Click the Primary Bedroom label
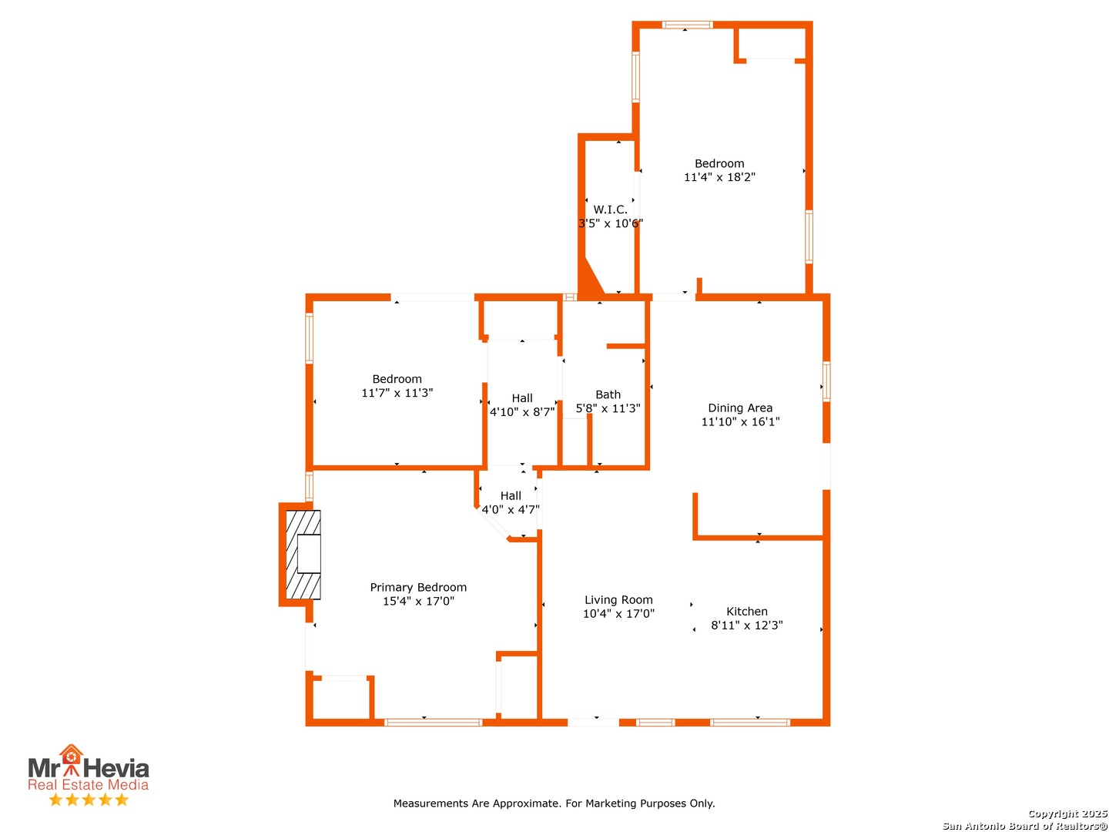coord(418,587)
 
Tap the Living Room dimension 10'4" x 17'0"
coord(618,614)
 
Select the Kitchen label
coord(746,612)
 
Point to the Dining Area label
coord(740,408)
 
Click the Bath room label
coord(608,394)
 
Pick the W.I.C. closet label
coord(610,210)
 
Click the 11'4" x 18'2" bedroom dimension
coord(719,177)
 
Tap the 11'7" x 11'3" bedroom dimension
coord(397,393)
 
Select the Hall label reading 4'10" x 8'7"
coord(522,398)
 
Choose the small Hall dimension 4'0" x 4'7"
coord(511,510)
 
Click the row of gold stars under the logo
coord(89,800)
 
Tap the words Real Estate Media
coord(88,785)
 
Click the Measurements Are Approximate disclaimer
coord(554,803)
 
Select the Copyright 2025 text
coord(1067,814)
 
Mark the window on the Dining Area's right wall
coord(826,381)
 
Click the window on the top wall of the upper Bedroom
coord(688,25)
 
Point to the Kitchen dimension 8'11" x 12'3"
coord(746,626)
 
